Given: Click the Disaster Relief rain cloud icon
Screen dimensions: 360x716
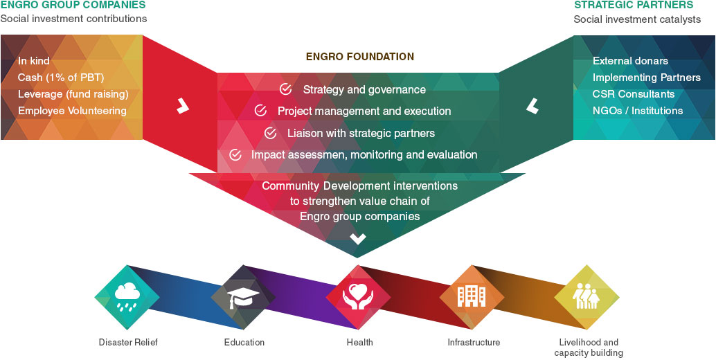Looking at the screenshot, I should (127, 298).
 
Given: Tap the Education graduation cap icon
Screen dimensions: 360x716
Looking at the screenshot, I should (244, 298).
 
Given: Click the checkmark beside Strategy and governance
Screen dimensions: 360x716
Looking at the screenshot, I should (285, 89).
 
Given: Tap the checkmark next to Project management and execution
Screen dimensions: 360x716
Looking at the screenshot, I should (260, 111).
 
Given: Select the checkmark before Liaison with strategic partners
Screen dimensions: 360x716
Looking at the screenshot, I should (271, 133).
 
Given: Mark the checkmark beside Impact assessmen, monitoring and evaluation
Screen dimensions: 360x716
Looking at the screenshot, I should (235, 154).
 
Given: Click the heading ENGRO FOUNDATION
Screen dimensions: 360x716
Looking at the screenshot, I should (360, 57).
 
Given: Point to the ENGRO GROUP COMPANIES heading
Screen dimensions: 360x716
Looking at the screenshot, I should (73, 6).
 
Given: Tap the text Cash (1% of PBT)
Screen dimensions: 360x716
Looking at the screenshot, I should (61, 78).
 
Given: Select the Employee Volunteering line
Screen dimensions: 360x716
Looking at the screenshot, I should (72, 111).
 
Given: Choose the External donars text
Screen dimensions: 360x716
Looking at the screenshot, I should (630, 61).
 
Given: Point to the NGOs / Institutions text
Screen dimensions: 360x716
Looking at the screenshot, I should (637, 111).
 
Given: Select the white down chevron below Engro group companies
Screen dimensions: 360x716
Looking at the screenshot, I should (357, 239).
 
